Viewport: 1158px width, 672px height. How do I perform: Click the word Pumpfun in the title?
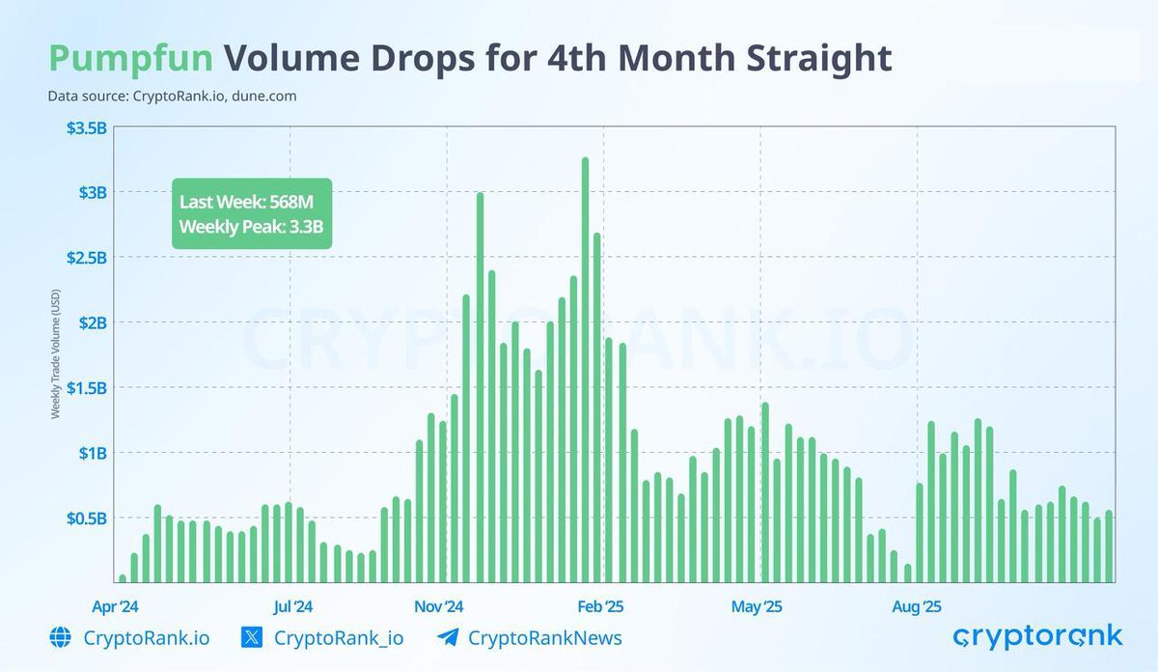coord(130,58)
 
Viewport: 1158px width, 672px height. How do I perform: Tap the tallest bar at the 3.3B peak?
coord(586,372)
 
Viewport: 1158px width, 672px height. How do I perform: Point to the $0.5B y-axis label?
coord(85,518)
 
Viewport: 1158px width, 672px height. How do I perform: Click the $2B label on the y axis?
coord(93,322)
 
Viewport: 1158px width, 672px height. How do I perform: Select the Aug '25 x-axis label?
coord(917,607)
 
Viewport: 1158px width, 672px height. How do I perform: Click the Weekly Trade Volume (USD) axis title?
coord(55,356)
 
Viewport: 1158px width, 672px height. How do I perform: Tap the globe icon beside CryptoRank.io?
coord(60,638)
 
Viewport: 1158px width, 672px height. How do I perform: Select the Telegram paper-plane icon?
coord(446,638)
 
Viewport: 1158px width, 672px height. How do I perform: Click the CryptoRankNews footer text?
coord(544,638)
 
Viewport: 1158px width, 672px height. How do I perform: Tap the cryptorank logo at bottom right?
coord(1037,636)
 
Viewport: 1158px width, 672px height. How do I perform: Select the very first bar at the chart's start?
coord(123,578)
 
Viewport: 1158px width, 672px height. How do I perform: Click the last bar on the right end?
coord(1109,546)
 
